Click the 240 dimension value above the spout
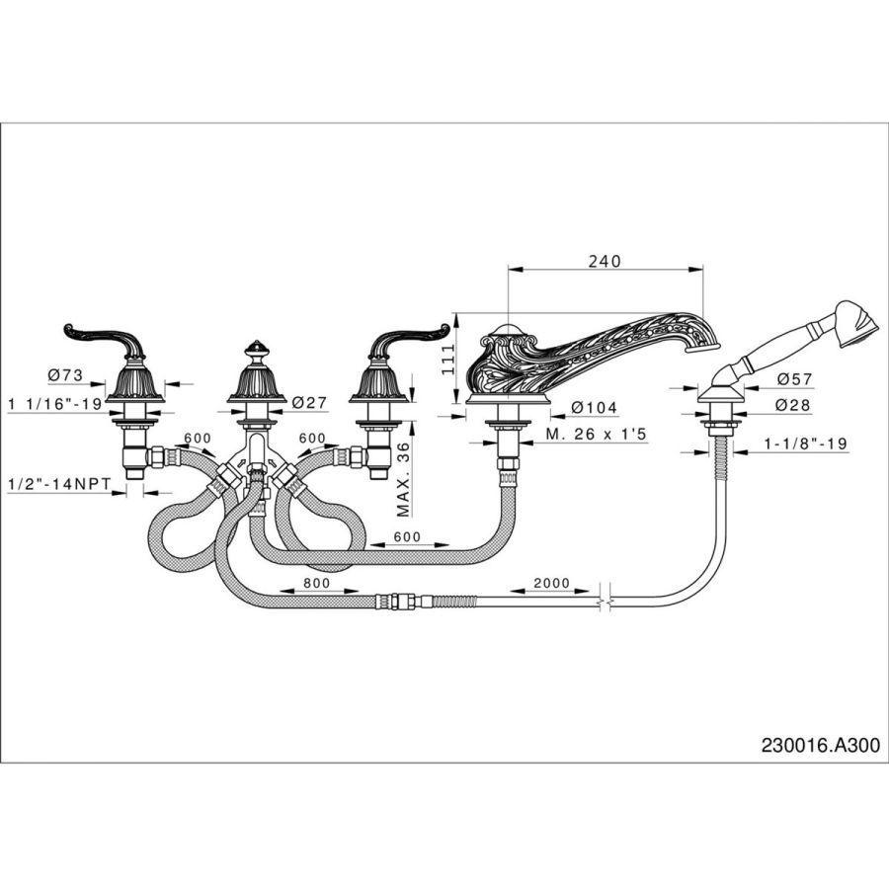tap(605, 262)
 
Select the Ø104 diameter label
tap(595, 407)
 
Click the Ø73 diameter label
tap(65, 374)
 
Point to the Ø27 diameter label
tap(309, 403)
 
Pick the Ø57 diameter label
tap(794, 378)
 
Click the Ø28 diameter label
tap(794, 405)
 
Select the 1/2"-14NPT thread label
tap(60, 485)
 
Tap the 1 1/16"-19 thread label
tap(55, 404)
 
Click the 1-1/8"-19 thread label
tap(806, 443)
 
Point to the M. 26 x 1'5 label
tap(596, 435)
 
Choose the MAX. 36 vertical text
tap(403, 480)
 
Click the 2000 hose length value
tap(551, 583)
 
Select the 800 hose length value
tap(315, 583)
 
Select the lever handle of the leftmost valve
tap(102, 340)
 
